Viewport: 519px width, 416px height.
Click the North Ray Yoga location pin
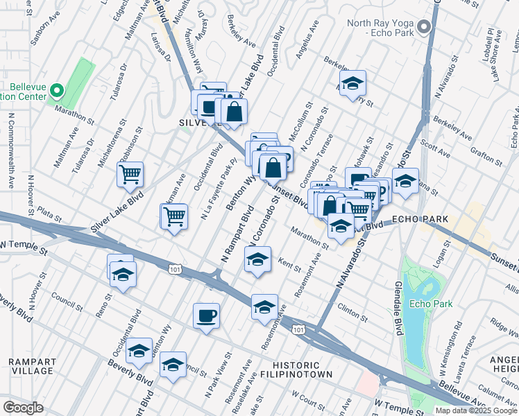point(425,28)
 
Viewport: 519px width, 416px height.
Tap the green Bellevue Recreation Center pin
point(58,92)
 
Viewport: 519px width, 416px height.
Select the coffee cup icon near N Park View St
point(206,316)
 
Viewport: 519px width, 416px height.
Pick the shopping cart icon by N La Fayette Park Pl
point(174,216)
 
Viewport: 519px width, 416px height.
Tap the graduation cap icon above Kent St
point(257,260)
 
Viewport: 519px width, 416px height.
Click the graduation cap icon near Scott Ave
point(405,181)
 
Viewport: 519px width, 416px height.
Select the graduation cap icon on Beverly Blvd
point(173,364)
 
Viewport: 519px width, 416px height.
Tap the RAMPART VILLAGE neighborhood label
point(31,366)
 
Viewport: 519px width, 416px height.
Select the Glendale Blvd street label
point(399,312)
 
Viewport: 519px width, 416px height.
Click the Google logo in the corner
point(23,408)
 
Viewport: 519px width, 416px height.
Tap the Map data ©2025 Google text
point(476,410)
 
